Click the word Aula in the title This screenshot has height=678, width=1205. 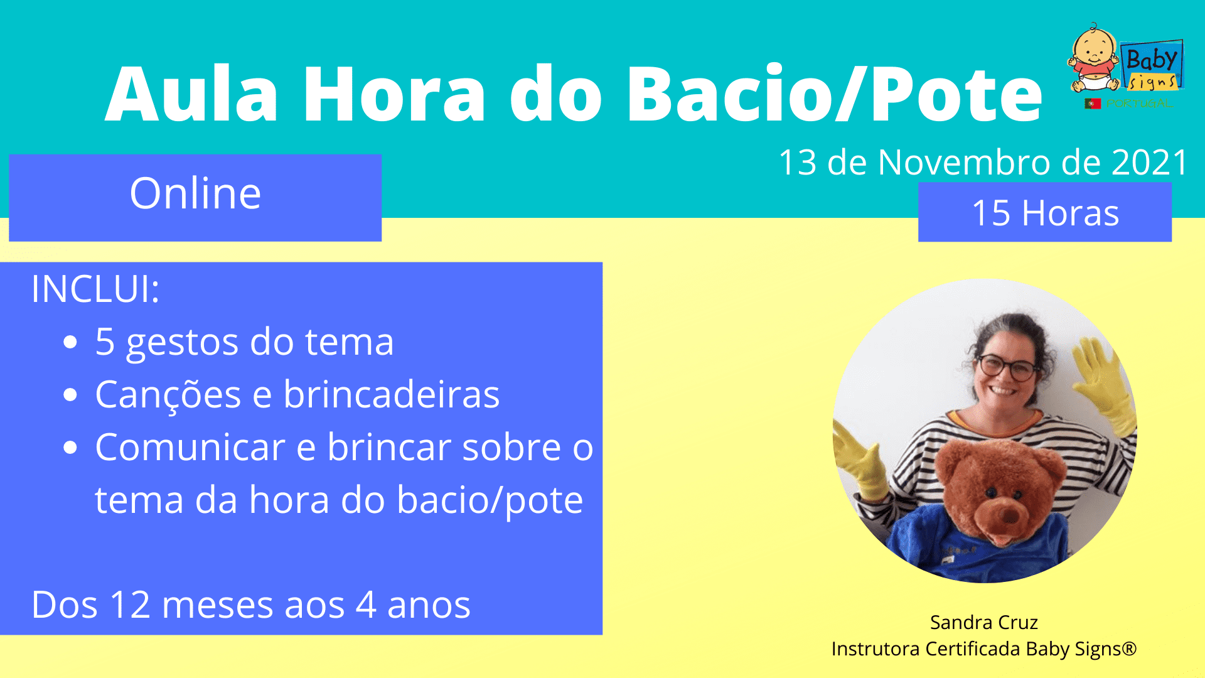191,94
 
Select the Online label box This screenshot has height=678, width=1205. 195,198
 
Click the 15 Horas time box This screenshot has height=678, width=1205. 1045,212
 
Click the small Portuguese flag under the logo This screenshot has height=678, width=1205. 1093,104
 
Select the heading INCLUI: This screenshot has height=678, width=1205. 95,289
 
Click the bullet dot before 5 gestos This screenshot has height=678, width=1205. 70,342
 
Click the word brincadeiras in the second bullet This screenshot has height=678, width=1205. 392,394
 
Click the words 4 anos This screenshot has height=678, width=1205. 413,605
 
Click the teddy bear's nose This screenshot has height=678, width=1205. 1009,516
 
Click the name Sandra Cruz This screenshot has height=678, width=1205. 983,622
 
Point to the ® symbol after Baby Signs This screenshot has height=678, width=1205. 1130,648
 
